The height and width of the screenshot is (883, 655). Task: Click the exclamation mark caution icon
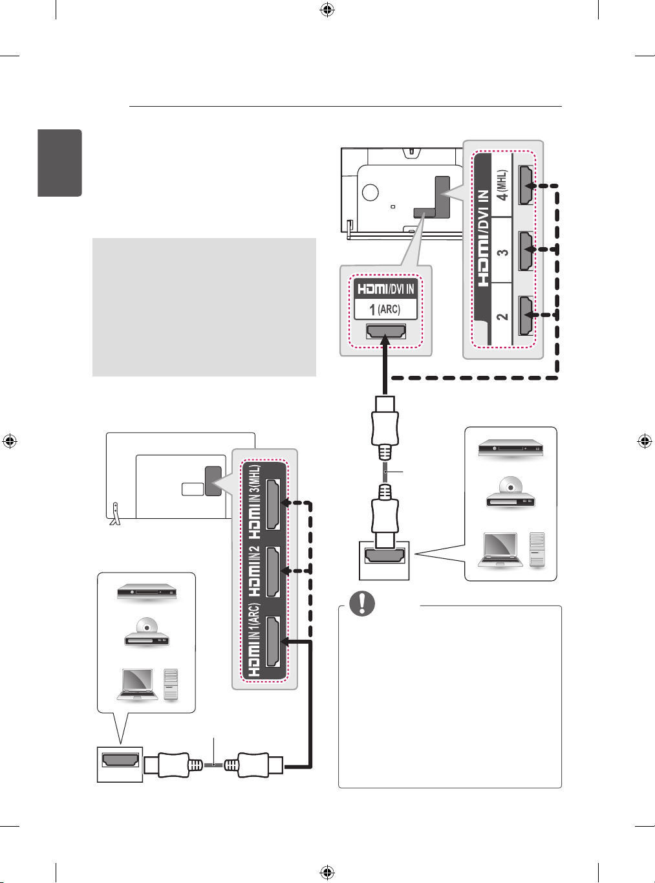361,603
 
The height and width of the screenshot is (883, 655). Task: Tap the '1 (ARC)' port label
385,309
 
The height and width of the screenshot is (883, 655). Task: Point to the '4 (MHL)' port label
503,186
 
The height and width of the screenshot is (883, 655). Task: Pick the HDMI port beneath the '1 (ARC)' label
385,332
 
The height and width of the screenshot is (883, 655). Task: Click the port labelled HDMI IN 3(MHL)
273,504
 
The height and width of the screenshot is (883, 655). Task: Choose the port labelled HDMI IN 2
273,572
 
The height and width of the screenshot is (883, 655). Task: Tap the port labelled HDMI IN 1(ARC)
273,641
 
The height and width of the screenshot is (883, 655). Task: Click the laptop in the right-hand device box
500,550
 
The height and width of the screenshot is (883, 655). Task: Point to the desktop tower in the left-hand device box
171,685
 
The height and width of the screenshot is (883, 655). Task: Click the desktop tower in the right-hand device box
537,550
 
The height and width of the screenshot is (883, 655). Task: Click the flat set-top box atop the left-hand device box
147,592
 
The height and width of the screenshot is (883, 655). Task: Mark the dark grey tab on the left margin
59,163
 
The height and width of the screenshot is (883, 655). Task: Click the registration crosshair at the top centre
327,10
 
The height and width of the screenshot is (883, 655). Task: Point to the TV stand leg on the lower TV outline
114,514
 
